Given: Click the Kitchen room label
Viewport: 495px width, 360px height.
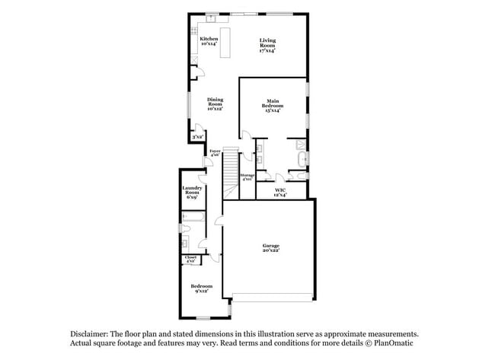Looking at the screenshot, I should point(209,39).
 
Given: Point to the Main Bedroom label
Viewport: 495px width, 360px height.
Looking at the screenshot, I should point(273,104).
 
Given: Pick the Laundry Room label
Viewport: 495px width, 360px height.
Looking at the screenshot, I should point(192,190).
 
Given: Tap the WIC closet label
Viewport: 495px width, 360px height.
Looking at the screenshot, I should point(281,191).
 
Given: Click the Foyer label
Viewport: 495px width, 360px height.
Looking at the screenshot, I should point(215,152).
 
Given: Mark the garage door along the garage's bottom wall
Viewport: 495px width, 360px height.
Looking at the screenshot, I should point(272,296).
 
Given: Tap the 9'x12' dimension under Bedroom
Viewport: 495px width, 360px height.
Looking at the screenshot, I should point(202,290).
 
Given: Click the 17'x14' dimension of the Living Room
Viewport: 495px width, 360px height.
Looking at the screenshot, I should point(267,51).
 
